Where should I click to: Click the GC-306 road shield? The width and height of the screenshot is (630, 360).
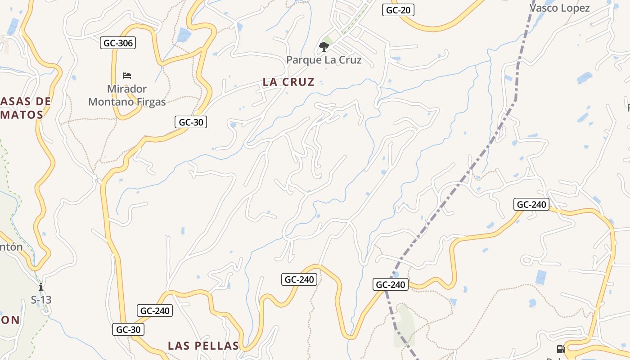pyautogui.click(x=117, y=43)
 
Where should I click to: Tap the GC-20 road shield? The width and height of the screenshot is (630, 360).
pyautogui.click(x=398, y=10)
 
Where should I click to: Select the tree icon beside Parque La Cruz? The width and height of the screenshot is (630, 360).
pyautogui.click(x=324, y=46)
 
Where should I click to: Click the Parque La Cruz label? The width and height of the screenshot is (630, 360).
pyautogui.click(x=324, y=60)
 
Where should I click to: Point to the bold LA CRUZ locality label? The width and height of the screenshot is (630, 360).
pyautogui.click(x=288, y=82)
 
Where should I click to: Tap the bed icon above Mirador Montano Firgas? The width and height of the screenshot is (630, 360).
pyautogui.click(x=127, y=75)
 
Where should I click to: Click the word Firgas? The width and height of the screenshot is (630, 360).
pyautogui.click(x=150, y=102)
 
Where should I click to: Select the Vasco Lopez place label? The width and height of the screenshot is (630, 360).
pyautogui.click(x=559, y=8)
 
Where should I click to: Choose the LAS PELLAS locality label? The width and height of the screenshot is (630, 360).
pyautogui.click(x=203, y=346)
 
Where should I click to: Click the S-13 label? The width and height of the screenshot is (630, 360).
pyautogui.click(x=41, y=299)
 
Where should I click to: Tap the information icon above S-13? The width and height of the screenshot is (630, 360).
pyautogui.click(x=41, y=287)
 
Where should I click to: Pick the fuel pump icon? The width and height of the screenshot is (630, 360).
pyautogui.click(x=561, y=349)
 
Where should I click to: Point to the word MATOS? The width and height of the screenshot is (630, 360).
pyautogui.click(x=25, y=115)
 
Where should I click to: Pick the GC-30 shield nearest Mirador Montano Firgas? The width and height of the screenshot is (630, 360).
pyautogui.click(x=190, y=122)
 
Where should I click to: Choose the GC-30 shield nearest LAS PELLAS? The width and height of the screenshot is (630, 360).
pyautogui.click(x=128, y=329)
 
